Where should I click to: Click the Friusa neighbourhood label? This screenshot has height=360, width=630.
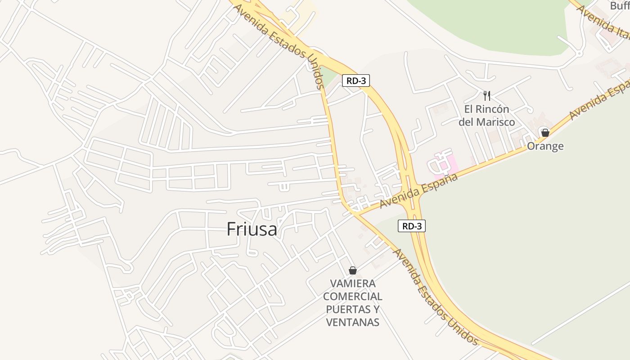252,229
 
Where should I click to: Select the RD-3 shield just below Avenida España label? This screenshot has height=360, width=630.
411,226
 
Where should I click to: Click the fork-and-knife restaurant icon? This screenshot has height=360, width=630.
486,95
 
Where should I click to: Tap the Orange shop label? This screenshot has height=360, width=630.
545,146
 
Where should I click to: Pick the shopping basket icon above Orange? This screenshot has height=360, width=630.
545,133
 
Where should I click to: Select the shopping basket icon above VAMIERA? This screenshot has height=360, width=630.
353,270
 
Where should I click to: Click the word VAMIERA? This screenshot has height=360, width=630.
353,284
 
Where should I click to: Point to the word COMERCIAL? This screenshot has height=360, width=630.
353,297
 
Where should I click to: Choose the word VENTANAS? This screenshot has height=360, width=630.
353,322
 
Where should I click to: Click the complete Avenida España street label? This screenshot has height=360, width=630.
418,190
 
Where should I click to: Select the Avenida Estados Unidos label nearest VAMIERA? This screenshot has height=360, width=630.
435,295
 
